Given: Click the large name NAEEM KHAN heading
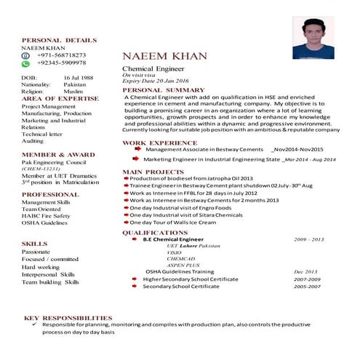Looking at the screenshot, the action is [x=164, y=56].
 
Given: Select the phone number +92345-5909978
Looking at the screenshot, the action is [x=61, y=63].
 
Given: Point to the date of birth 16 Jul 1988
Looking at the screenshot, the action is [x=79, y=76].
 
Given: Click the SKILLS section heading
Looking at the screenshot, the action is [x=34, y=244].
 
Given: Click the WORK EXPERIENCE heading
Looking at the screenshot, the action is [x=160, y=143].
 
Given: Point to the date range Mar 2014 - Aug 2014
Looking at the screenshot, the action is [x=310, y=158].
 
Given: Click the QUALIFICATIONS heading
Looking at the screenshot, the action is [x=155, y=233].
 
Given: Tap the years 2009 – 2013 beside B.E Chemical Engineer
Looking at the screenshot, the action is [x=309, y=239].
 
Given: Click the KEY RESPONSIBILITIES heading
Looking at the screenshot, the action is [x=68, y=318].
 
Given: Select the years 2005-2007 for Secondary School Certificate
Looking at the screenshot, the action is [x=307, y=287].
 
